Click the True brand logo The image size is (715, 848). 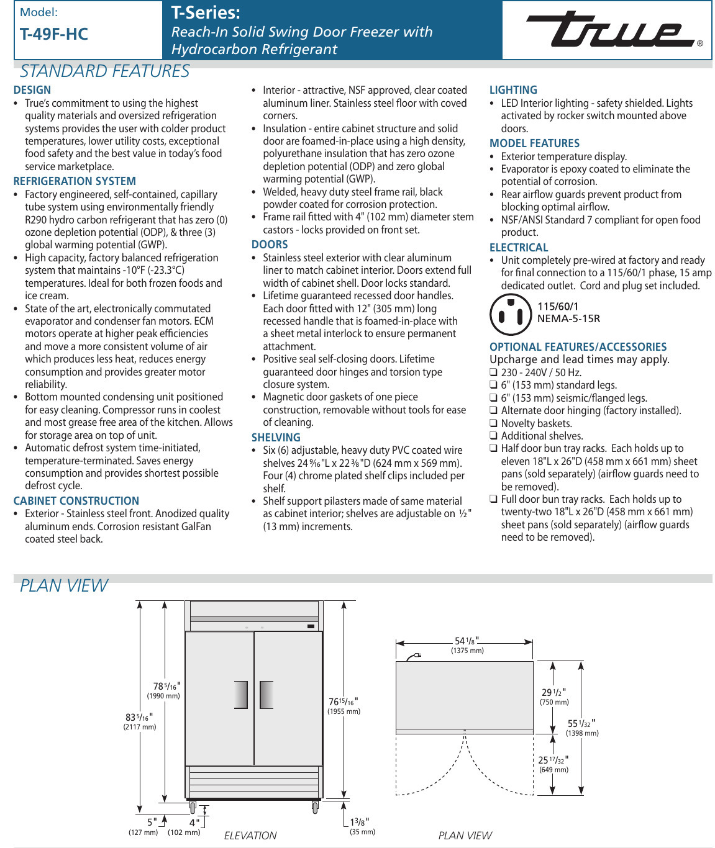pyautogui.click(x=611, y=30)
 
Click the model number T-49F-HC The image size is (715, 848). pyautogui.click(x=54, y=35)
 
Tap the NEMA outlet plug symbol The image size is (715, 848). pyautogui.click(x=511, y=313)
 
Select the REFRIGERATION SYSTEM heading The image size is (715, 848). pyautogui.click(x=75, y=181)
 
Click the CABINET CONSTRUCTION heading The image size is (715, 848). pyautogui.click(x=76, y=501)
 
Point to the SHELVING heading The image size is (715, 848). pyautogui.click(x=276, y=438)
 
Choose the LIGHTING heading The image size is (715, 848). pyautogui.click(x=513, y=90)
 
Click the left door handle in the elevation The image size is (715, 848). pyautogui.click(x=241, y=695)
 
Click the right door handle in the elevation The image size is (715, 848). pyautogui.click(x=266, y=695)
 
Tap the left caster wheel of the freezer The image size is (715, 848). pyautogui.click(x=193, y=808)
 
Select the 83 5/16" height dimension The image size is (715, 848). pyautogui.click(x=140, y=718)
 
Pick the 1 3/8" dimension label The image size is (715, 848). pyautogui.click(x=360, y=823)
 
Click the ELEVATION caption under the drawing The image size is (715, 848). pyautogui.click(x=250, y=836)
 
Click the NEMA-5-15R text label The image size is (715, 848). pyautogui.click(x=568, y=318)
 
